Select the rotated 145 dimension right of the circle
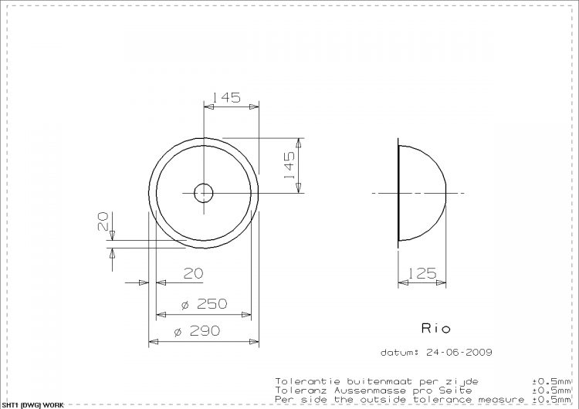(289, 165)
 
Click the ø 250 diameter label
(204, 304)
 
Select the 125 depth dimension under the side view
(422, 273)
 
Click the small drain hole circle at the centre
(204, 192)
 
